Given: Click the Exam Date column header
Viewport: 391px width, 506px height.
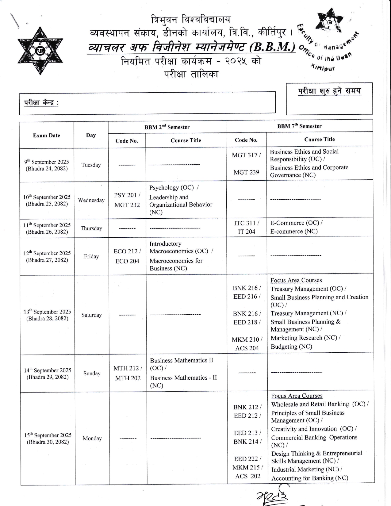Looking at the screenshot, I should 47,136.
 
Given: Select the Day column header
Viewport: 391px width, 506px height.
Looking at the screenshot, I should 91,135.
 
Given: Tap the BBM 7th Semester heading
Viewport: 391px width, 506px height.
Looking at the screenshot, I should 299,126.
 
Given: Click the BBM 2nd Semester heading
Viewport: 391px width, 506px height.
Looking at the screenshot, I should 167,127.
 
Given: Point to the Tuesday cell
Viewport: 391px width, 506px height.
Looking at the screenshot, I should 91,165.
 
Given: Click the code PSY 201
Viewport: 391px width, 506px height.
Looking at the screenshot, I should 127,195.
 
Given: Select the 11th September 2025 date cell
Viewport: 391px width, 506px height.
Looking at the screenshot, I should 47,228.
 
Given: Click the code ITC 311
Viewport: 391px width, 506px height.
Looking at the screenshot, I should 246,223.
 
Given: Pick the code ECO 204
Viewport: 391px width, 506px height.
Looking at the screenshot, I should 127,261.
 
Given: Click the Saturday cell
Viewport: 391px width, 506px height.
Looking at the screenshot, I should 91,315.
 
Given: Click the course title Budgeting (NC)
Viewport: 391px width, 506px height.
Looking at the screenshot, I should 291,347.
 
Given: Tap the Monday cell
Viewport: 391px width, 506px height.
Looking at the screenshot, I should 92,439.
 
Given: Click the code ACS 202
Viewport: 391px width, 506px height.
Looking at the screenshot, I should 247,476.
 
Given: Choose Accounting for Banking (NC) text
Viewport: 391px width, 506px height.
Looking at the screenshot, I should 309,478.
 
